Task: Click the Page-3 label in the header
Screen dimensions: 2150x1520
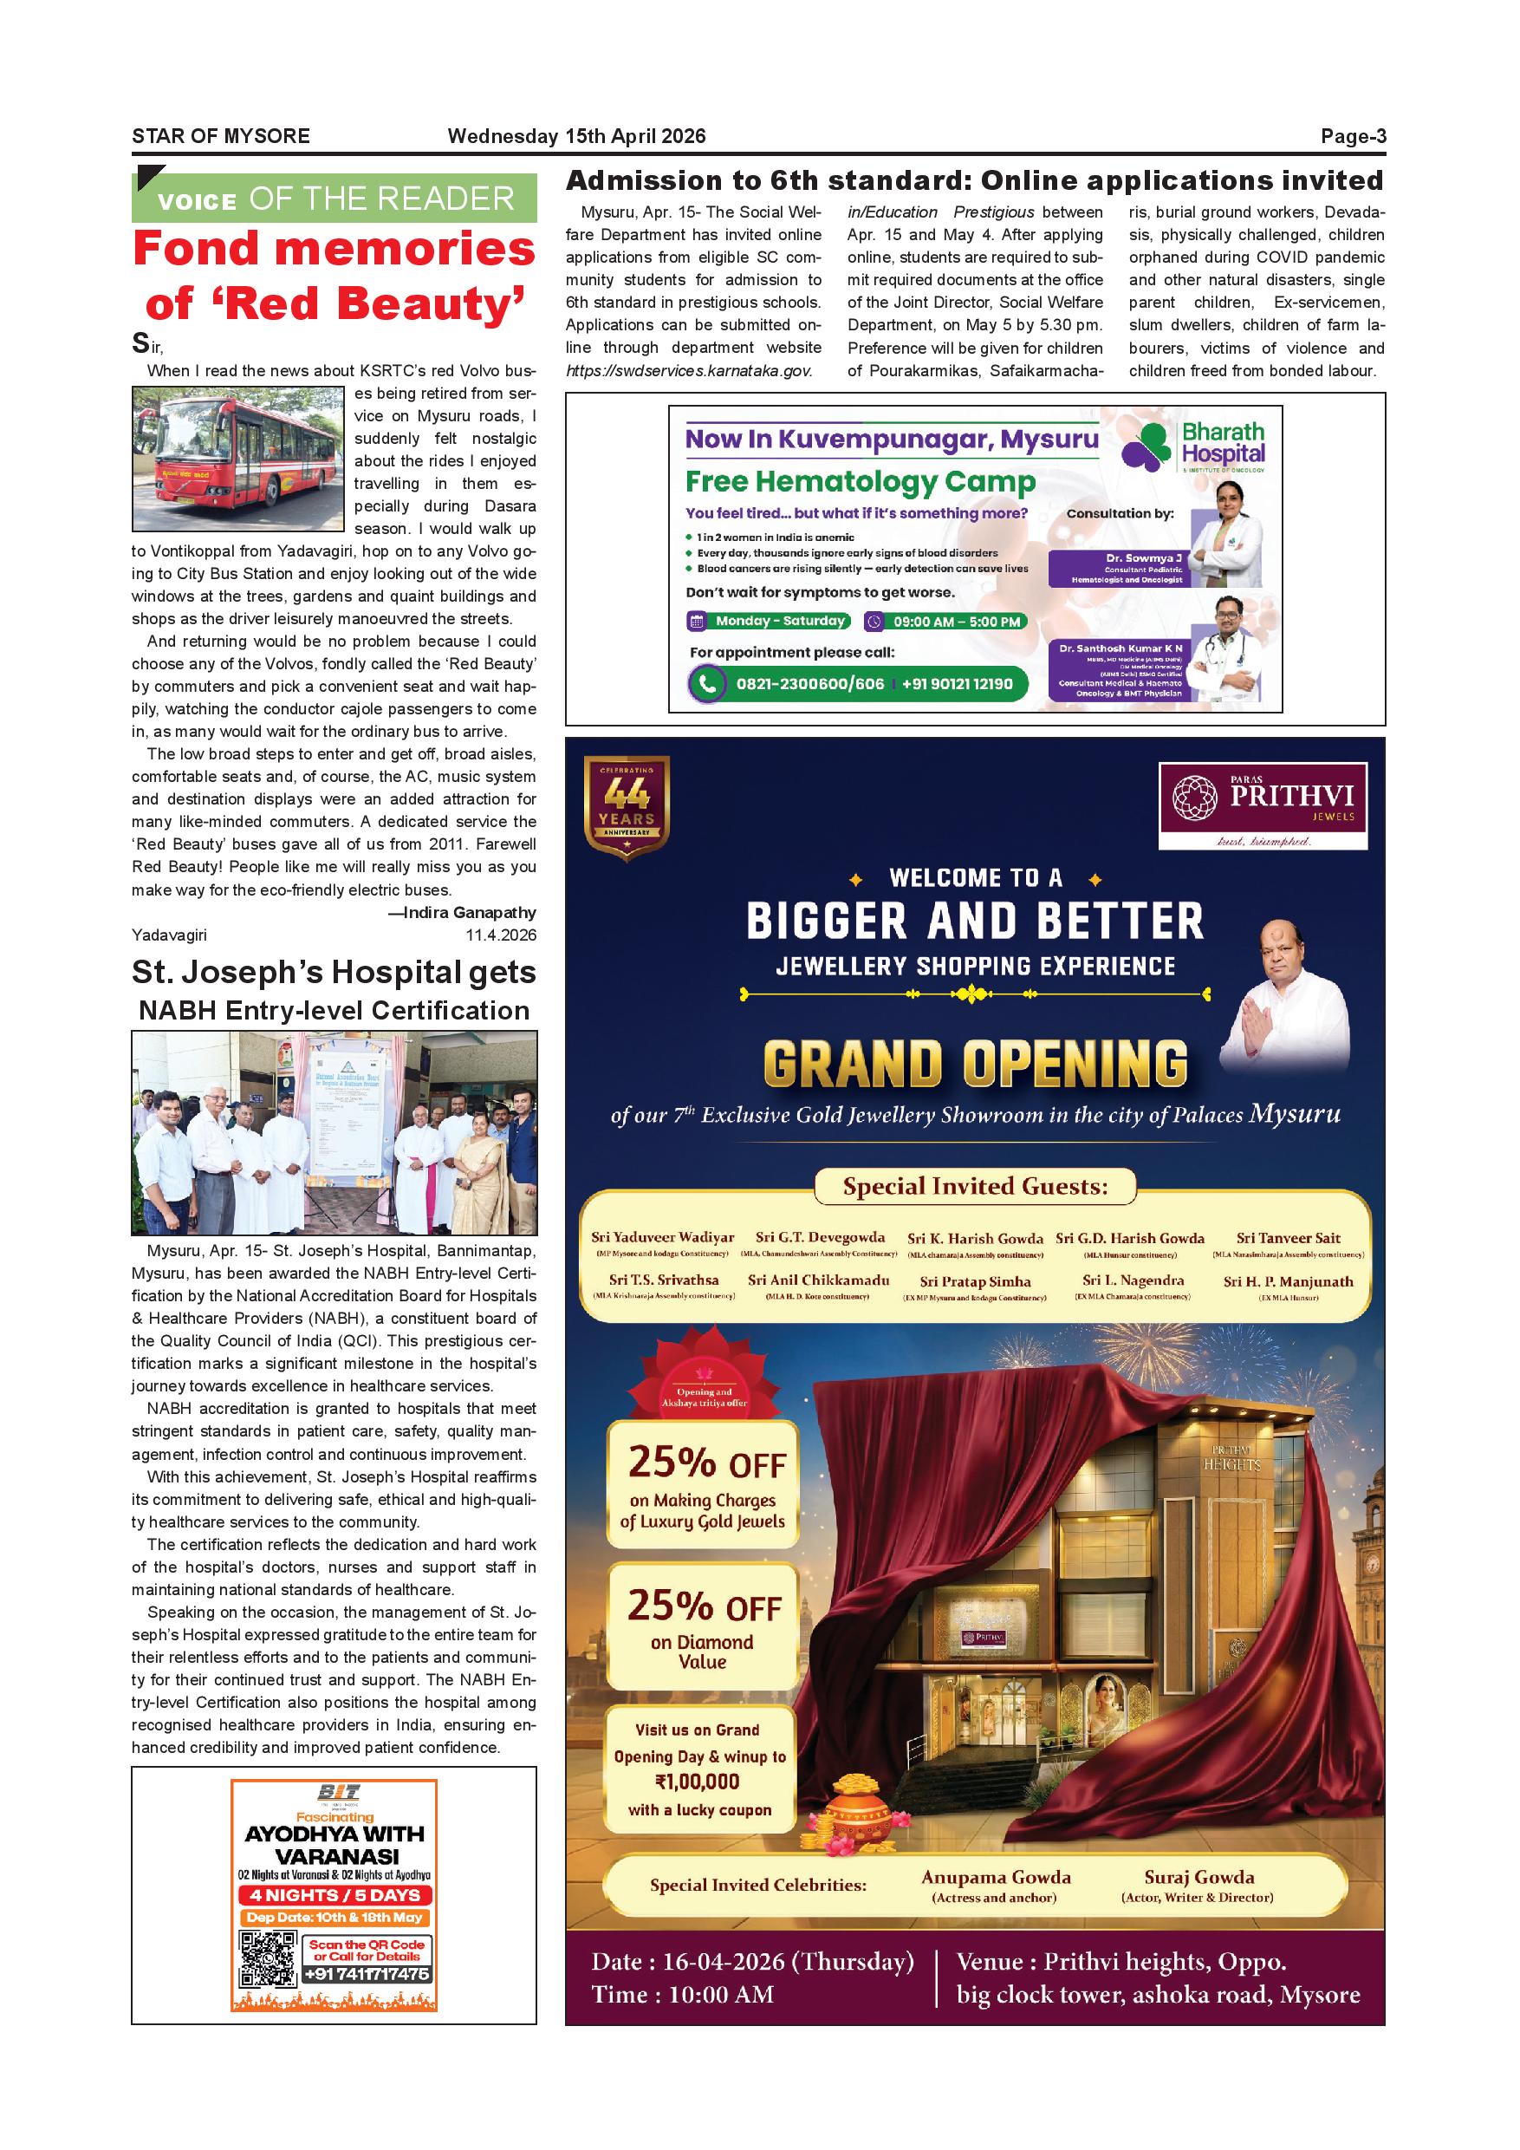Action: [1353, 137]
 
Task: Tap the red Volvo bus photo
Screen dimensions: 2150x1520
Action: [238, 459]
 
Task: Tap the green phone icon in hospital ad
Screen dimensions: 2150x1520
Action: [708, 684]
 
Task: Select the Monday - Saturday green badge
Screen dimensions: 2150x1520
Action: [770, 621]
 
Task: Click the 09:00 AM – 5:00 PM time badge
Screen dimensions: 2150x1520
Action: [945, 622]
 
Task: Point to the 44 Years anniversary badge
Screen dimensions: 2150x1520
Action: [627, 806]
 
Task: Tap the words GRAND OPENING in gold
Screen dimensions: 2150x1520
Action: [975, 1065]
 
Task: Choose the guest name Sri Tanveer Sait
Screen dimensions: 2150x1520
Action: [1288, 1238]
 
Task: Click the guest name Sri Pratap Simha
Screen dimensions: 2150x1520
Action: [975, 1281]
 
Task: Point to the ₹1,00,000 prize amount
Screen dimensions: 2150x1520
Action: [698, 1782]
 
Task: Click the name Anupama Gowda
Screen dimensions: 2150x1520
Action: [995, 1878]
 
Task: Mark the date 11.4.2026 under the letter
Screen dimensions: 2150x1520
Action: [501, 935]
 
